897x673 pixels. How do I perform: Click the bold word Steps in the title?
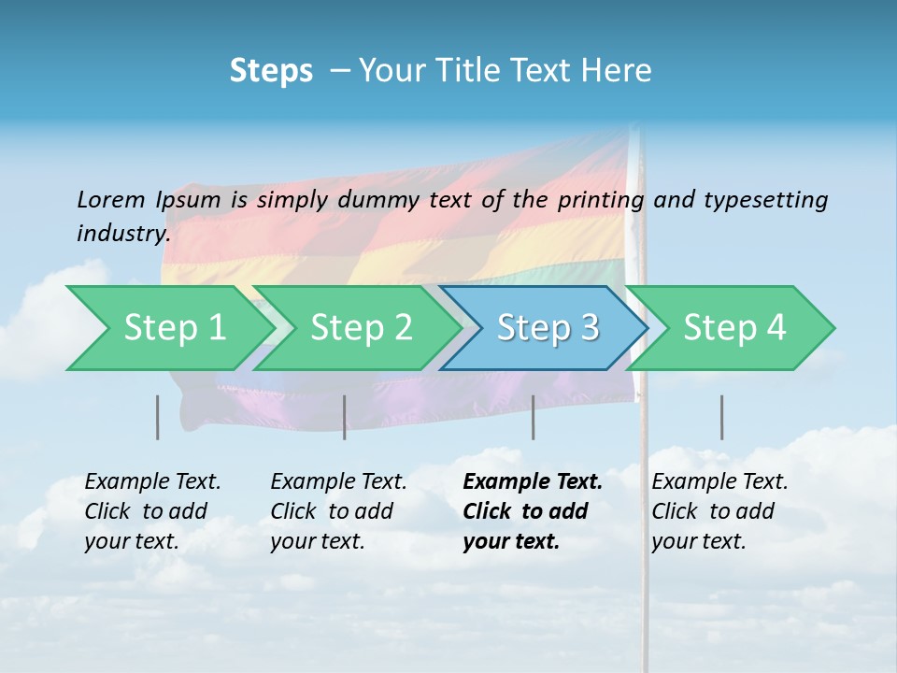coord(271,71)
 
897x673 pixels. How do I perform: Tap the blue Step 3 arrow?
coord(548,328)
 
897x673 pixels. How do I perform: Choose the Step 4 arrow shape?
coord(734,328)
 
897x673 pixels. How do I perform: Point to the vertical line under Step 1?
coord(158,417)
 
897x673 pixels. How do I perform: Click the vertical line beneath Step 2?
coord(345,417)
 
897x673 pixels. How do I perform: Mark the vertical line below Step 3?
coord(534,417)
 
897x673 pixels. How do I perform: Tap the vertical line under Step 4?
coord(722,417)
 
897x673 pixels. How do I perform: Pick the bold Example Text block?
coord(532,511)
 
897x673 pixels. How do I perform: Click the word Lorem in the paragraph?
coord(110,200)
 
